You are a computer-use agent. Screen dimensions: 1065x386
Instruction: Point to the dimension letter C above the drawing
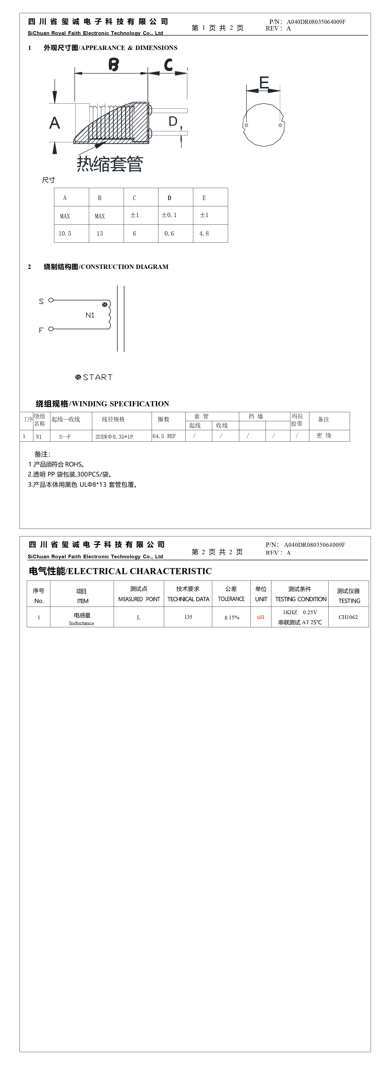click(168, 65)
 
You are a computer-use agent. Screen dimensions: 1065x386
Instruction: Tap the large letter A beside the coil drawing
click(55, 123)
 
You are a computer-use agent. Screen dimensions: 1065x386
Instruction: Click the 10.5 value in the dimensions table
click(65, 234)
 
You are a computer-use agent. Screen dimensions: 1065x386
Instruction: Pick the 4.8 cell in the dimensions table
click(204, 234)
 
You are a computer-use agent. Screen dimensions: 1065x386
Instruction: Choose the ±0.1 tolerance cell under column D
click(169, 215)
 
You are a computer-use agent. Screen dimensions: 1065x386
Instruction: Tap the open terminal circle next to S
click(51, 300)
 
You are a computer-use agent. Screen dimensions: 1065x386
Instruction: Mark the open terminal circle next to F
click(51, 329)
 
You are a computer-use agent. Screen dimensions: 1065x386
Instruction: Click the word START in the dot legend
click(98, 378)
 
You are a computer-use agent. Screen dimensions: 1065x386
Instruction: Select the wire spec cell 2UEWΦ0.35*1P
click(114, 437)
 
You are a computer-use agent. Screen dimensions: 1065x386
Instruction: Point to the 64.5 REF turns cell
click(164, 436)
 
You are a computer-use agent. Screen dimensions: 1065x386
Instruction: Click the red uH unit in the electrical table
click(260, 617)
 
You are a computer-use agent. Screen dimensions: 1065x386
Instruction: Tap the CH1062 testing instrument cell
click(348, 617)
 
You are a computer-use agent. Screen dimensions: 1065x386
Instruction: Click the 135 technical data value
click(188, 617)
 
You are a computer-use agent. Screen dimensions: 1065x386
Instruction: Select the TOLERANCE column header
click(231, 599)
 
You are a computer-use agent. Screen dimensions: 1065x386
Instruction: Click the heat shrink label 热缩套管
click(110, 164)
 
